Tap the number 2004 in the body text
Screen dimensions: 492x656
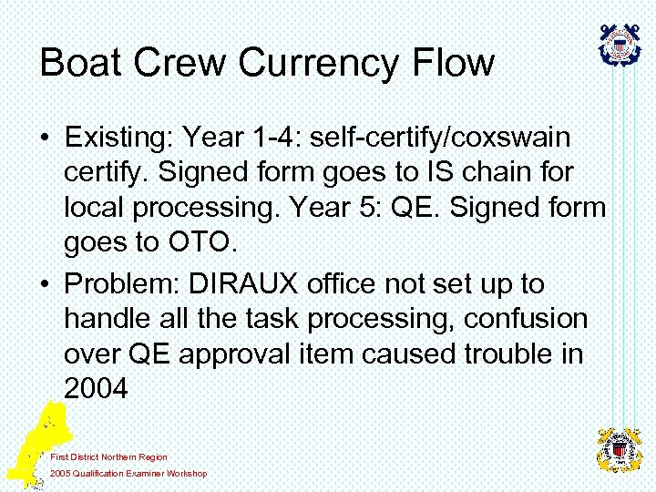coord(97,389)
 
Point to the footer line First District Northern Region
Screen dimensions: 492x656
coord(109,456)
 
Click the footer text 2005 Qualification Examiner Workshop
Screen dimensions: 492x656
coord(128,473)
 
